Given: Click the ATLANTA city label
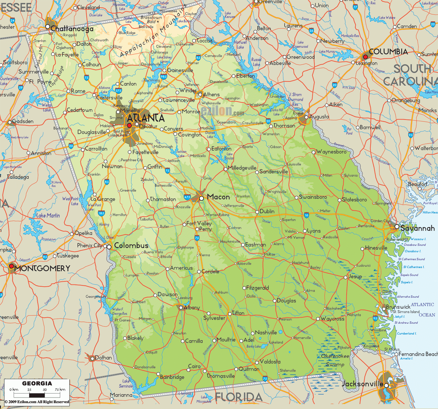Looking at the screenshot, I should tap(146, 118).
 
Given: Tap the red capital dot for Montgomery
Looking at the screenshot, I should tap(11, 266).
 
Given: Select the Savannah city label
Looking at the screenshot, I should tap(417, 229).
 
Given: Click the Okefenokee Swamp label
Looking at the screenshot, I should tap(335, 360).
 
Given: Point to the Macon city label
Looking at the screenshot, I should tap(218, 197).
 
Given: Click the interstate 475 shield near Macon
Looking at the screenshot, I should tap(187, 197).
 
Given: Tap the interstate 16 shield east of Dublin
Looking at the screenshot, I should tap(306, 215).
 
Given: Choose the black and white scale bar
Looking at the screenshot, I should tap(37, 395).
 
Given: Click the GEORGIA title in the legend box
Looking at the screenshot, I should tap(37, 384).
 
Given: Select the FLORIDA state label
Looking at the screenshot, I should tap(239, 397).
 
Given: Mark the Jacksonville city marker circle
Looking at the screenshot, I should tap(386, 385).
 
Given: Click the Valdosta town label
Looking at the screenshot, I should tap(270, 362).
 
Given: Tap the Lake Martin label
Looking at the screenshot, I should tap(48, 216).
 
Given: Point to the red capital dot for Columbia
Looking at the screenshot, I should tap(365, 57).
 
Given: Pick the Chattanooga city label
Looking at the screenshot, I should tap(72, 29).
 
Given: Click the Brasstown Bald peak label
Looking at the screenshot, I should tap(151, 20).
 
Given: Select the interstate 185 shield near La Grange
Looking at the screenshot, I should tap(101, 213).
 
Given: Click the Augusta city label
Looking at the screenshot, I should tap(319, 117).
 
